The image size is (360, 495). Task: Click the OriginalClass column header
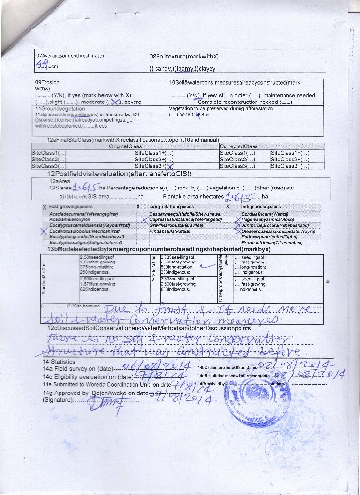click(x=125, y=146)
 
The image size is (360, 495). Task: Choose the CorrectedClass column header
click(x=239, y=146)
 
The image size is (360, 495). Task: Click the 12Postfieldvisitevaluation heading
click(x=119, y=174)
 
